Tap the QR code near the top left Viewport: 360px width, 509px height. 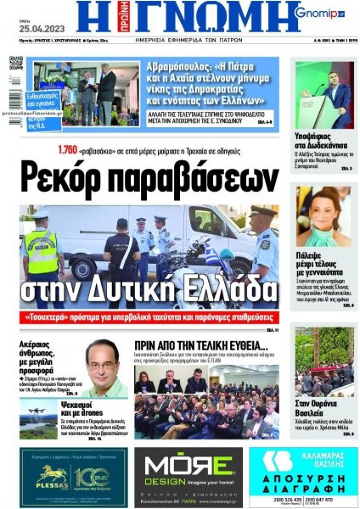pyautogui.click(x=16, y=64)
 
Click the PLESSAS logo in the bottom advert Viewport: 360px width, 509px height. pyautogui.click(x=51, y=476)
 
